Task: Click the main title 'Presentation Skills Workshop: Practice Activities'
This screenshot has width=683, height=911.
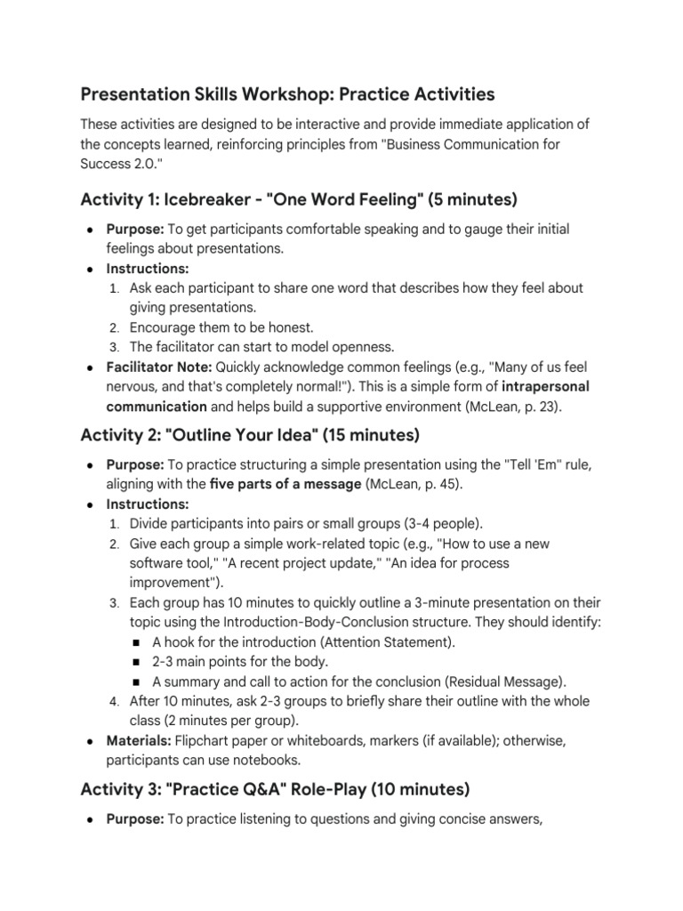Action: (x=287, y=93)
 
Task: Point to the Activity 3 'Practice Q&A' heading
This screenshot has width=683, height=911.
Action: (x=275, y=788)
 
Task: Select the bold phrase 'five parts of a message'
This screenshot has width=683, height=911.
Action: (x=285, y=483)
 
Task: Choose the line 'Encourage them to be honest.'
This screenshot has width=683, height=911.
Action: (x=221, y=327)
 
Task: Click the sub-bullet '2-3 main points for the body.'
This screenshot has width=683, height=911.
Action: (x=240, y=661)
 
